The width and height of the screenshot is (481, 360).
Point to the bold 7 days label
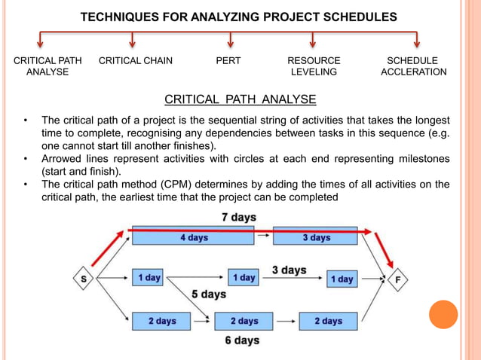click(238, 217)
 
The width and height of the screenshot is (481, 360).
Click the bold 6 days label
click(242, 340)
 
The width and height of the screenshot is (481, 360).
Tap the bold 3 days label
click(289, 270)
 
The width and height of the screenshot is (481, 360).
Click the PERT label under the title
click(228, 60)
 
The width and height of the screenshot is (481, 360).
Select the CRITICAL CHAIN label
click(136, 60)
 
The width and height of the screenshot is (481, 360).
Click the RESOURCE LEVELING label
click(314, 66)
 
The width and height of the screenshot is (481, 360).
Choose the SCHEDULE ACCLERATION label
click(413, 66)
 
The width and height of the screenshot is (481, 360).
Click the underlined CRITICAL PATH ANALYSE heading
click(240, 99)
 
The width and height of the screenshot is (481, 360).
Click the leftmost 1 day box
click(149, 278)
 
